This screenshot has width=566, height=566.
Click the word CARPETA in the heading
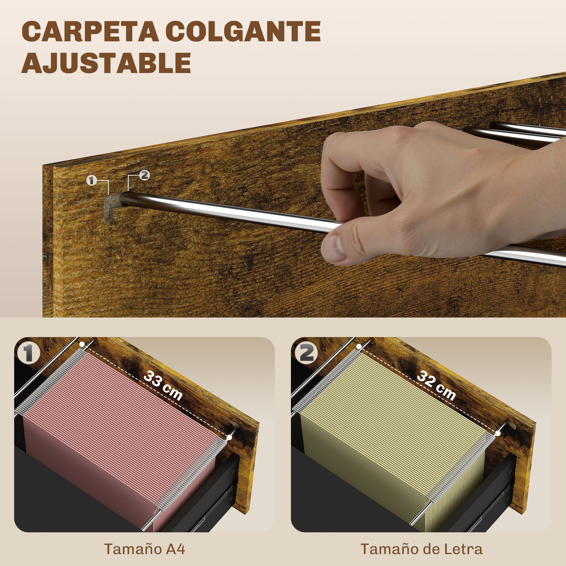click(90, 31)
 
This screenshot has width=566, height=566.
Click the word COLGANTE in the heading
click(243, 31)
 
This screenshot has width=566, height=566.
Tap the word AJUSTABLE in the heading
click(106, 63)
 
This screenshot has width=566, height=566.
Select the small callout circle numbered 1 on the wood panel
click(92, 180)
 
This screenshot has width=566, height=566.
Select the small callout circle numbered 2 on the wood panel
click(144, 175)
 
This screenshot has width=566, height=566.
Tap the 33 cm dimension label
click(163, 385)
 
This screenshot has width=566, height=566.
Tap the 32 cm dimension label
click(436, 385)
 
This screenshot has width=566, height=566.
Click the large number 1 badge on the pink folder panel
click(29, 353)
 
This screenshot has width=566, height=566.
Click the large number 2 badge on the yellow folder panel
click(306, 353)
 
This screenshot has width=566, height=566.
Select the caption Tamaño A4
click(145, 549)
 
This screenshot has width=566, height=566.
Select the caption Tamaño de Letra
click(422, 549)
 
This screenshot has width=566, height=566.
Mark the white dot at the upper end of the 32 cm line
click(359, 347)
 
